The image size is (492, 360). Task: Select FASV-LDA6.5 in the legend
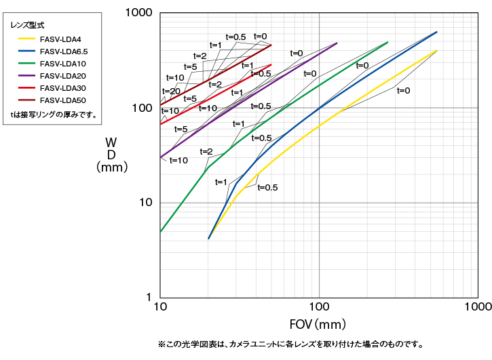(x=63, y=52)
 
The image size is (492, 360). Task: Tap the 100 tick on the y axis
(x=142, y=108)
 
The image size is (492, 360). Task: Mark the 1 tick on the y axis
(x=147, y=298)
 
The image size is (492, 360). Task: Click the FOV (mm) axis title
(x=318, y=324)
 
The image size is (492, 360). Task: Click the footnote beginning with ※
(x=290, y=344)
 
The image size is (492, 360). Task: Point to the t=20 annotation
(x=171, y=91)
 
